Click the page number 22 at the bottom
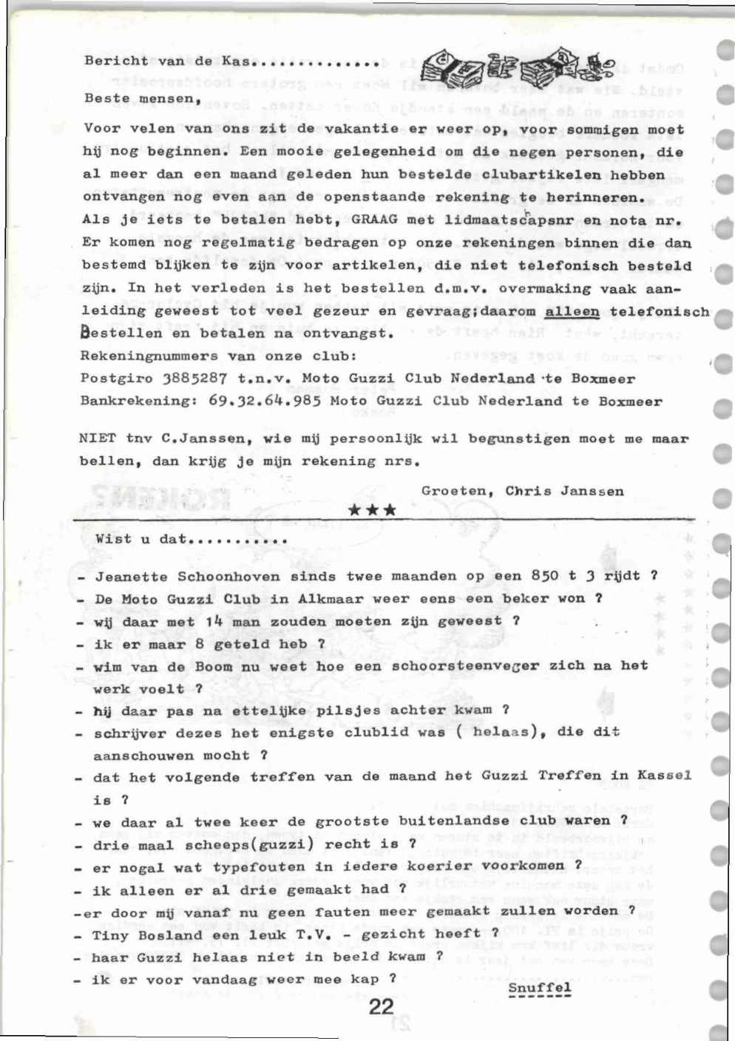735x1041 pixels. click(381, 1007)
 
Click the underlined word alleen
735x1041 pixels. click(572, 311)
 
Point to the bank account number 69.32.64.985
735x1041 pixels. click(265, 401)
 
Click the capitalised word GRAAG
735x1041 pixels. click(376, 220)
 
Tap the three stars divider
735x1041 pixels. click(372, 510)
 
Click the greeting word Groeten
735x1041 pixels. click(454, 491)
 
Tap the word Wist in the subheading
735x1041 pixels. click(113, 539)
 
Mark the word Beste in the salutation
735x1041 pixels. click(106, 98)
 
